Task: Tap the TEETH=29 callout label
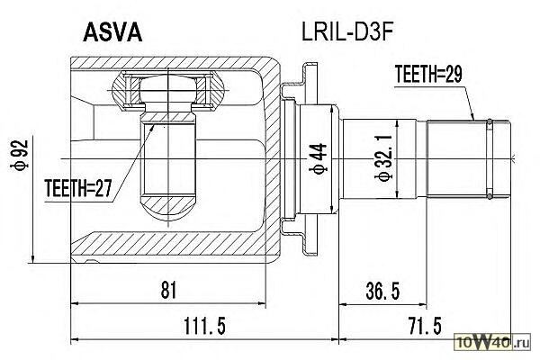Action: tap(428, 77)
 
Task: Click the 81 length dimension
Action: tap(168, 289)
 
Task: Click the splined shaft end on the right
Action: tap(459, 157)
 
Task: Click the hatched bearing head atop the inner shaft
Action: tap(166, 89)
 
